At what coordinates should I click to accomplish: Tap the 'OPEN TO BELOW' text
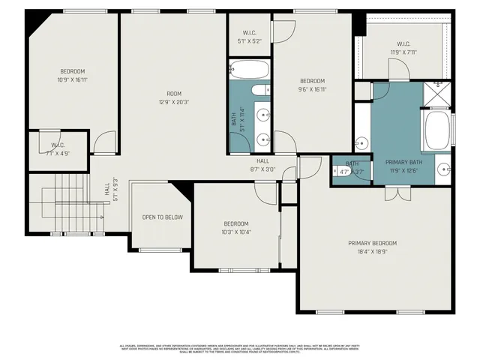162,217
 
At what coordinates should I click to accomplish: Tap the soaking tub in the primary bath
436,132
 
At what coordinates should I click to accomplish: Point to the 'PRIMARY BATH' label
404,162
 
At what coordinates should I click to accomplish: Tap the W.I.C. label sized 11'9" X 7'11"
403,52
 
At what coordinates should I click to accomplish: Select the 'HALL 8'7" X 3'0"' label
262,165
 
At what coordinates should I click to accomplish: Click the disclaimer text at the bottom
240,349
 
